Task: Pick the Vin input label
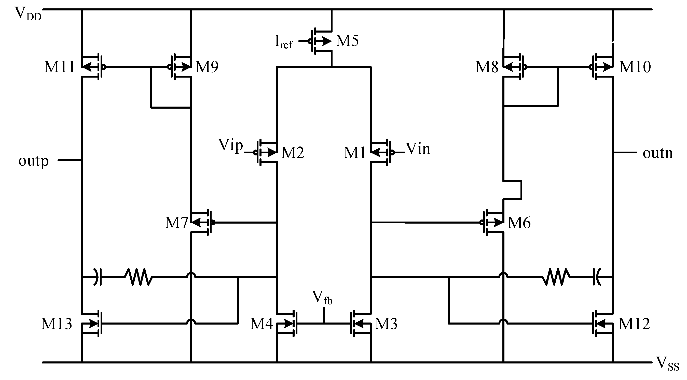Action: (x=418, y=149)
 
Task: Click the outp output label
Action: (x=34, y=161)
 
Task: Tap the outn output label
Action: (x=657, y=153)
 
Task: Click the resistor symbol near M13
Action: (x=139, y=277)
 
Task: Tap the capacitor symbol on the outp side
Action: (x=98, y=277)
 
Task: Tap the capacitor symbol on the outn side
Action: (x=597, y=277)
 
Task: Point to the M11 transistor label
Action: (x=59, y=67)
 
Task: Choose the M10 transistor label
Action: (x=635, y=67)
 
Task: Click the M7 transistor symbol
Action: (x=203, y=222)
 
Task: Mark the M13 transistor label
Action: (x=57, y=324)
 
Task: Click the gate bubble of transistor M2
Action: (x=255, y=153)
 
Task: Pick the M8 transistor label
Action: (x=487, y=67)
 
